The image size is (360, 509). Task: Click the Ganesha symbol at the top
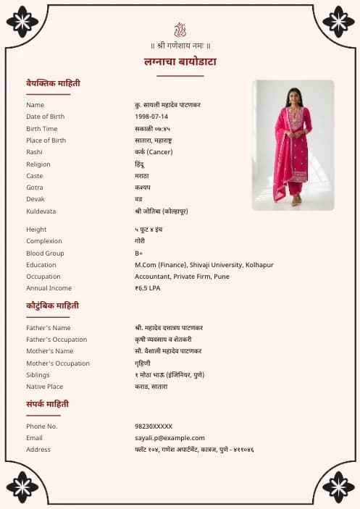[x=180, y=30]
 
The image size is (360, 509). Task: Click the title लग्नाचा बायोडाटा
[x=180, y=62]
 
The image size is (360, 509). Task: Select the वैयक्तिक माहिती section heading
[x=53, y=83]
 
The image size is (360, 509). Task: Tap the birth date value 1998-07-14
[x=151, y=117]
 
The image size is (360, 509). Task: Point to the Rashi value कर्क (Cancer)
[x=154, y=152]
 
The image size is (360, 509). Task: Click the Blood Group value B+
[x=139, y=253]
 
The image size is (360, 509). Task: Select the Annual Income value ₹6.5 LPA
[x=148, y=288]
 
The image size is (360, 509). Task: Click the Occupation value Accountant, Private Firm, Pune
[x=182, y=277]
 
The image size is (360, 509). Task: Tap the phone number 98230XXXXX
[x=154, y=426]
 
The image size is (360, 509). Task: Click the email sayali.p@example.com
[x=169, y=438]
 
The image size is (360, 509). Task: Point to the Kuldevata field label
[x=41, y=211]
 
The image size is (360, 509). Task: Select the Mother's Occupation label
[x=58, y=363]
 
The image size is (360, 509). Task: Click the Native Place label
[x=45, y=387]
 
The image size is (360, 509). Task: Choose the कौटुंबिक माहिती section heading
[x=52, y=306]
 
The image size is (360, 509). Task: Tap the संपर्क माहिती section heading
[x=48, y=404]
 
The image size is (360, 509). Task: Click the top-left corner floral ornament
[x=22, y=22]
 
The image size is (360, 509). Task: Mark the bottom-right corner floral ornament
[x=338, y=487]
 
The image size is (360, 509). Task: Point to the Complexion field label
[x=44, y=241]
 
